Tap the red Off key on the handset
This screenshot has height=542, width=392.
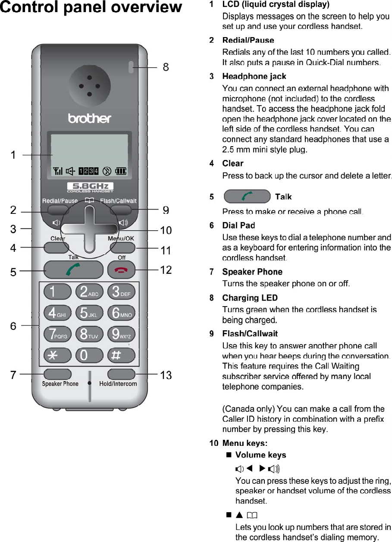click(121, 269)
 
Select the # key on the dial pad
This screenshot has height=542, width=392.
click(121, 355)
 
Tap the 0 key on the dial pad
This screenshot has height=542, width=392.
click(89, 355)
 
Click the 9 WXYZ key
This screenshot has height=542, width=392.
click(121, 334)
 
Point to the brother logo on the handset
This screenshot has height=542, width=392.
click(90, 118)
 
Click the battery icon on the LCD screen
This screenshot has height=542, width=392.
click(120, 172)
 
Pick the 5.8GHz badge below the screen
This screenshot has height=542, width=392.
click(90, 187)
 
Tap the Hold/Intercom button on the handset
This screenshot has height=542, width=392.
click(121, 373)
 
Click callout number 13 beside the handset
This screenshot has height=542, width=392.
click(166, 376)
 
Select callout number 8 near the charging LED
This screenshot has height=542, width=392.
click(166, 67)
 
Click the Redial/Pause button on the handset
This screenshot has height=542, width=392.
click(58, 210)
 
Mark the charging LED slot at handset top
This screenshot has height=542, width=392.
click(130, 66)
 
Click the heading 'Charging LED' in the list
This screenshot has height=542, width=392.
click(250, 298)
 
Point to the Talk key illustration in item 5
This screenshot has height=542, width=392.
click(247, 197)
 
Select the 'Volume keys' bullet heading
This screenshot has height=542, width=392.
click(260, 455)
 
